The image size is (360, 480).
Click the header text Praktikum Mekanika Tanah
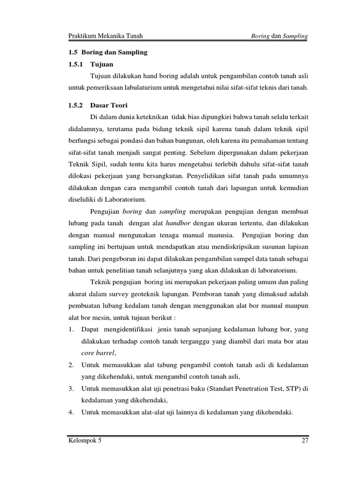(105, 36)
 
